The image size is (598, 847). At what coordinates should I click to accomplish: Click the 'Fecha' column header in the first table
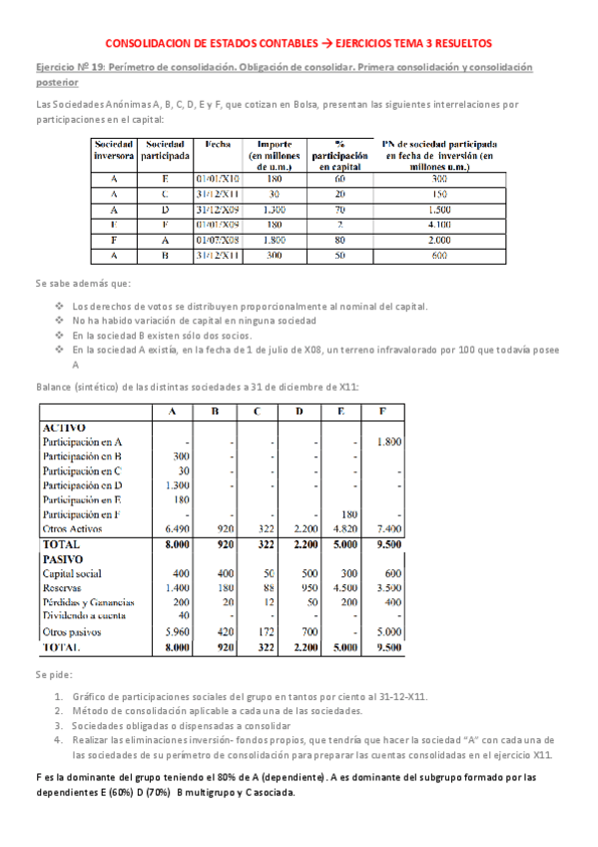[217, 145]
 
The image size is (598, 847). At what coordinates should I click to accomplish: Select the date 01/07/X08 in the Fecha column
[217, 241]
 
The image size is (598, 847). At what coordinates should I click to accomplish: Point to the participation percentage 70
[339, 209]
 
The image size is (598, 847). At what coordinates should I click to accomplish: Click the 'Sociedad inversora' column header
[113, 151]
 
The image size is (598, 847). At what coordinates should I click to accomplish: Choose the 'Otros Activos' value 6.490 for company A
[174, 527]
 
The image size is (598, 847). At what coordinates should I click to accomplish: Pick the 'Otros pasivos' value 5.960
[174, 632]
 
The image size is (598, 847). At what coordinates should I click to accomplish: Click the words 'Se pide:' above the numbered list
[52, 675]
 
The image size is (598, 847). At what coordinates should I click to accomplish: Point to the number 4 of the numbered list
[60, 741]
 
